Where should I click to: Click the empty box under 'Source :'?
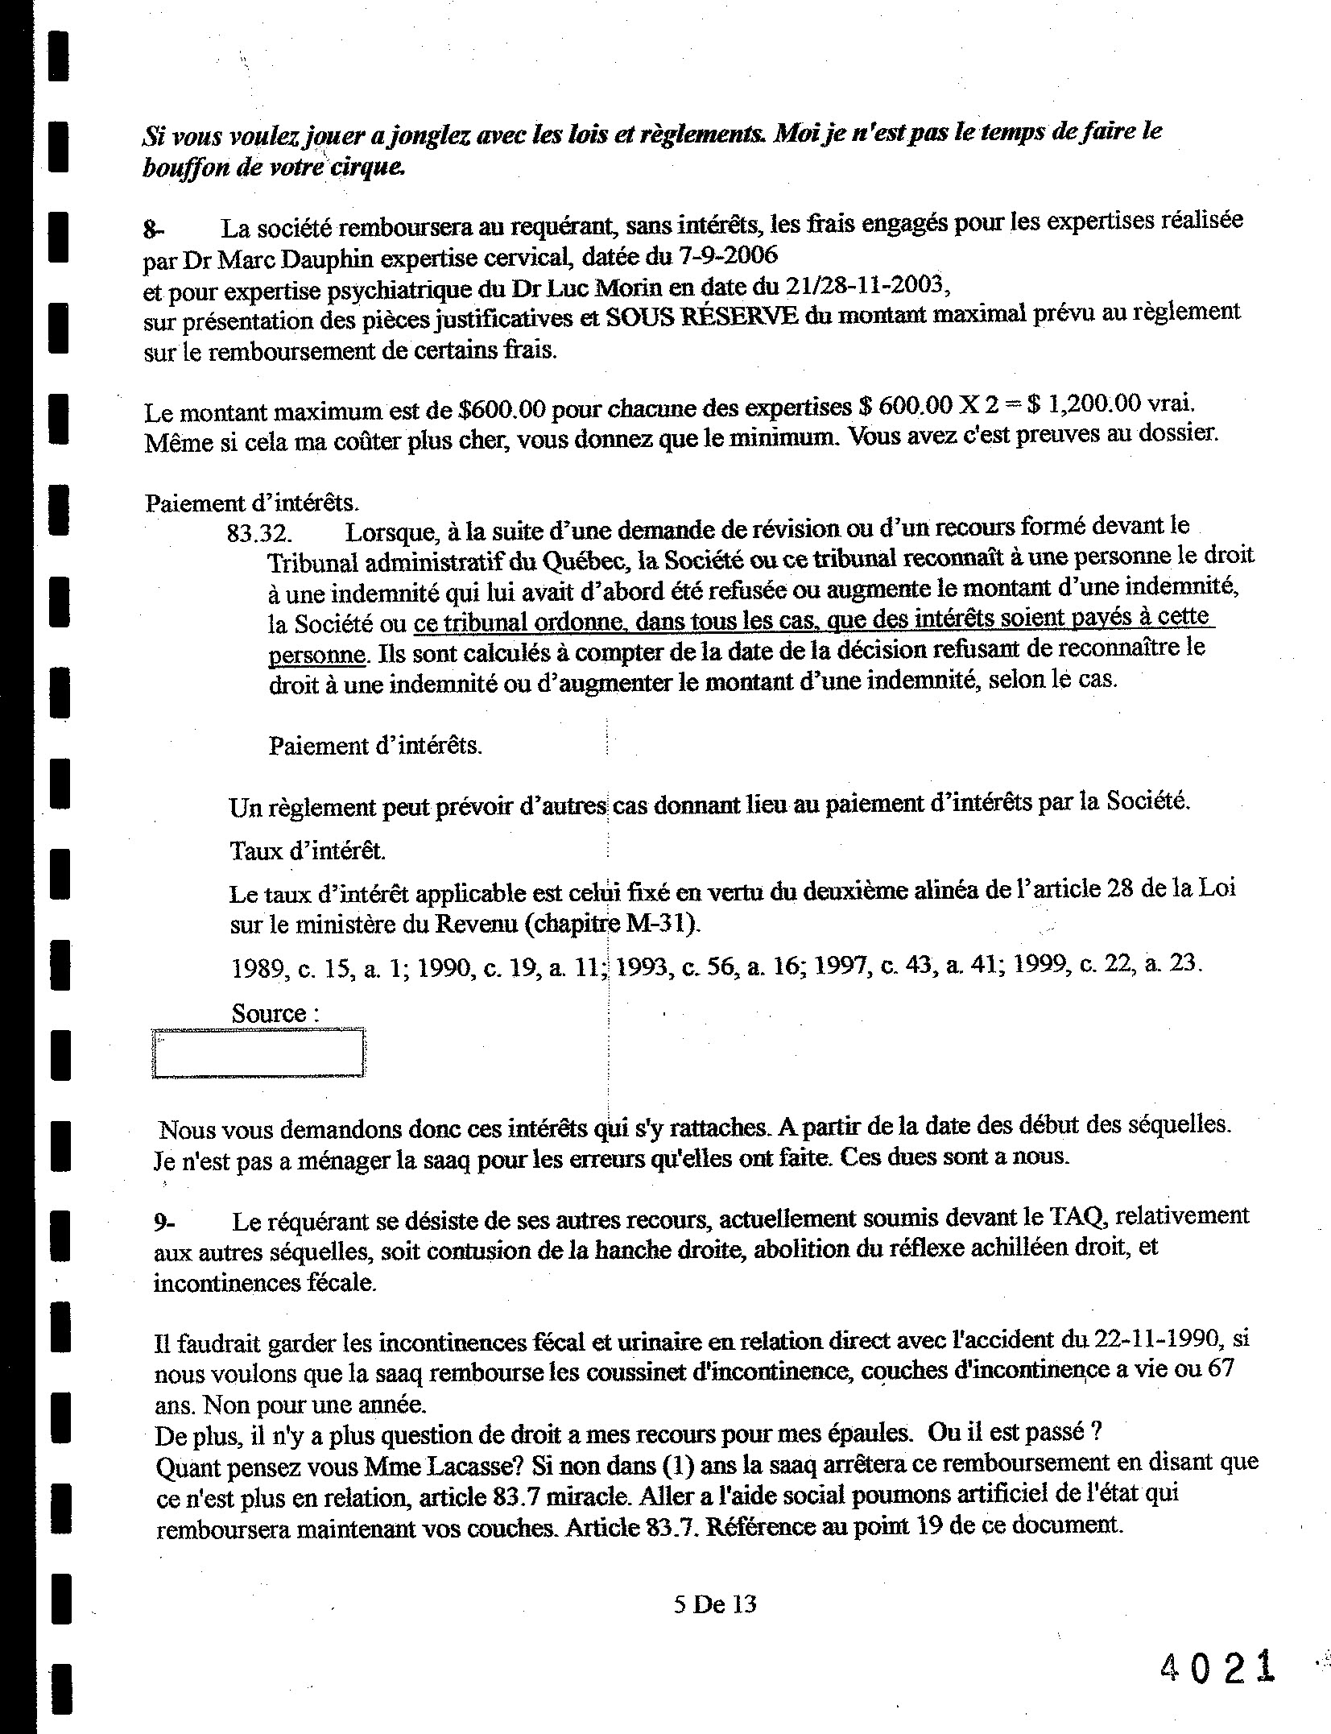point(258,1053)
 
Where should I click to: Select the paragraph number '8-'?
point(153,231)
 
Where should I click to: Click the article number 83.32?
point(259,533)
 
